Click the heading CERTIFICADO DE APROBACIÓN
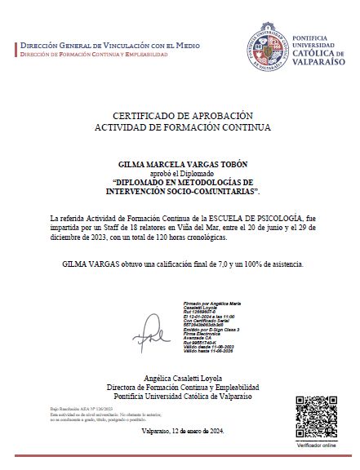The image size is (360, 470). point(180,116)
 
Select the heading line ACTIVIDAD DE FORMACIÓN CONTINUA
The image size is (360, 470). point(180,128)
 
